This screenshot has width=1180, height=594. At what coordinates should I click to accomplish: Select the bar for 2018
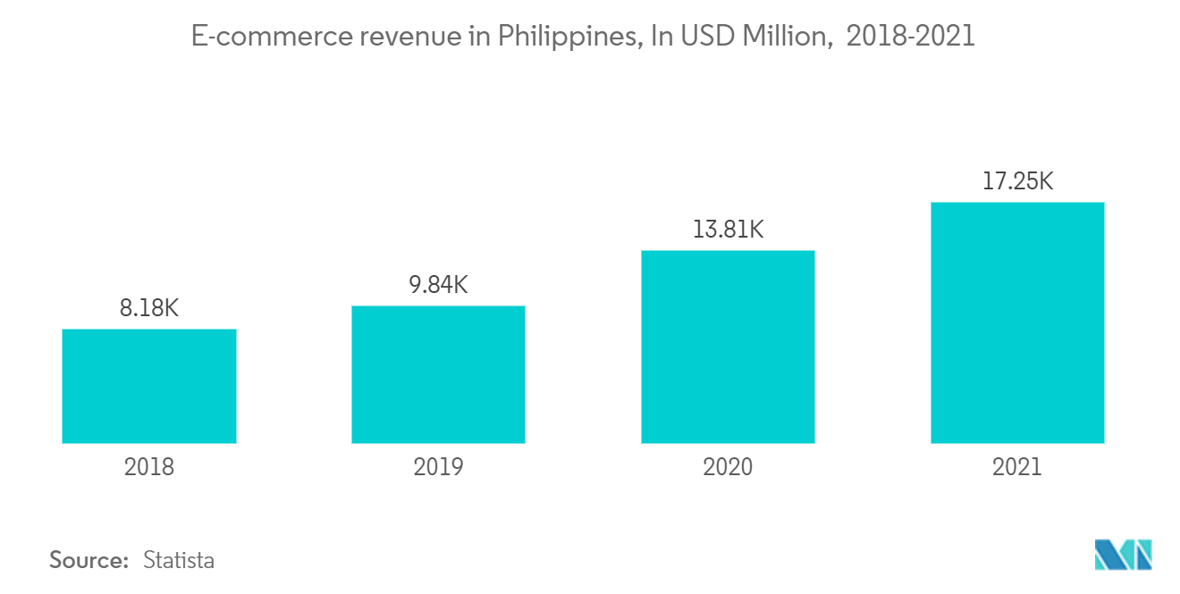click(149, 386)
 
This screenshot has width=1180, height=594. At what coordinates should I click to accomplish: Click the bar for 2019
click(438, 374)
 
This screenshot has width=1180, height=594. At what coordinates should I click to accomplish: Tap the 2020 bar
click(728, 347)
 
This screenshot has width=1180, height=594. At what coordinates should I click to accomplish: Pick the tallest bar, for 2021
click(1017, 322)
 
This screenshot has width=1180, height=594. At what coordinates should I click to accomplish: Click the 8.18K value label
click(149, 309)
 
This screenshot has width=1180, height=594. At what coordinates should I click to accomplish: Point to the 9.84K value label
click(438, 286)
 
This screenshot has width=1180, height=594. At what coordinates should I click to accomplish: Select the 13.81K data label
click(728, 230)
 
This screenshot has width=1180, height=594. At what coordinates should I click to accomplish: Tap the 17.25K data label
click(1017, 182)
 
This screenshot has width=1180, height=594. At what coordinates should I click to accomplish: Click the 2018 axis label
click(149, 467)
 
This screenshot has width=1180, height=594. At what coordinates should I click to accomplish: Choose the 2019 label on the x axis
click(438, 467)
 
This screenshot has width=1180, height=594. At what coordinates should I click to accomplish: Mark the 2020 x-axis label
click(728, 467)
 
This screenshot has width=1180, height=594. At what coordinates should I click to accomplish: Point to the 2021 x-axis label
click(1017, 467)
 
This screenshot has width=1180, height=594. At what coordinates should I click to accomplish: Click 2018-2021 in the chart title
click(910, 38)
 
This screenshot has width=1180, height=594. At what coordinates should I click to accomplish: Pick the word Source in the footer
click(89, 561)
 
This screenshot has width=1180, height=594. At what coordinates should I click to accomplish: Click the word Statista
click(179, 561)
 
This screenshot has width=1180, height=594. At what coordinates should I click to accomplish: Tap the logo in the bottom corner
click(1124, 555)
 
